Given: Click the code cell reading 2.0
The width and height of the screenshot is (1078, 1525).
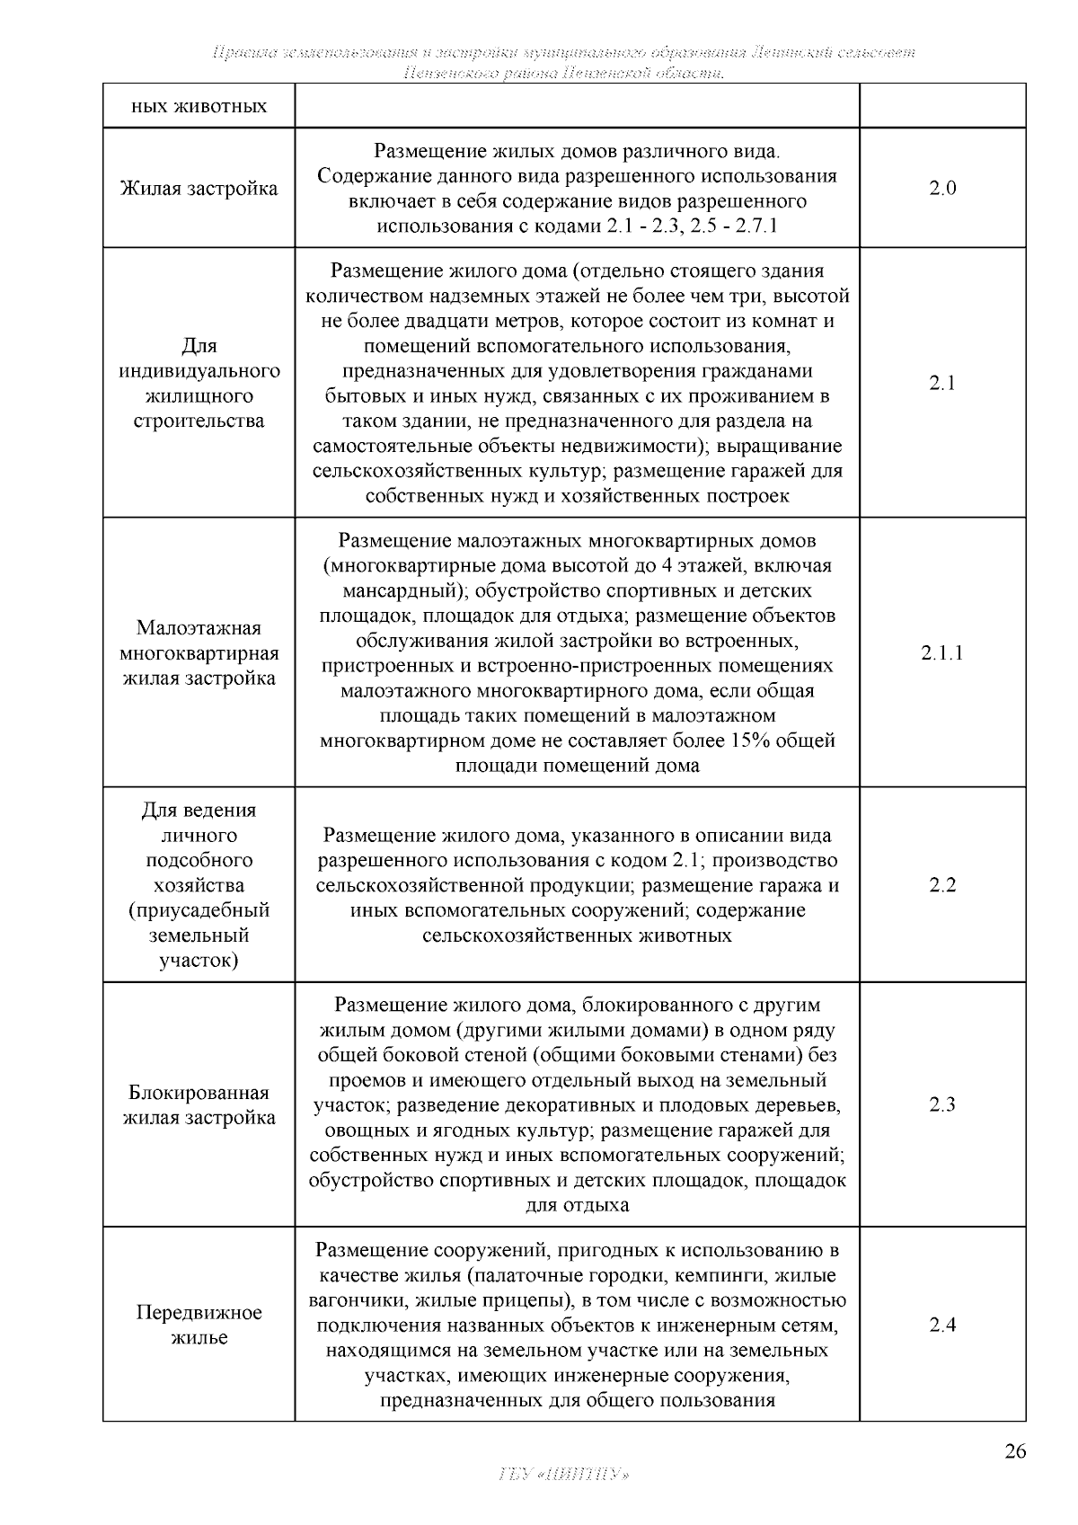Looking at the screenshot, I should [x=942, y=188].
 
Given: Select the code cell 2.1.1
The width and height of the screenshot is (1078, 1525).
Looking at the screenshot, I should [x=942, y=652].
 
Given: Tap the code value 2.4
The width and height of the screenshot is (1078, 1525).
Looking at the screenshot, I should [x=942, y=1325].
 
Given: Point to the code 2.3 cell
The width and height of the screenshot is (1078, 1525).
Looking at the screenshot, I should [x=942, y=1104].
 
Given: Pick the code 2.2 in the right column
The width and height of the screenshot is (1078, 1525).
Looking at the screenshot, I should [x=942, y=885].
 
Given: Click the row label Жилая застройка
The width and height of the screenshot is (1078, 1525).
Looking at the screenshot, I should [x=199, y=188].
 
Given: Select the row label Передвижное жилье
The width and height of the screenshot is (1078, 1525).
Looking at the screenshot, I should [x=199, y=1325].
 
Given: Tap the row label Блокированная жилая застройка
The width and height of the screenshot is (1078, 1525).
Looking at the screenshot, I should [x=199, y=1105].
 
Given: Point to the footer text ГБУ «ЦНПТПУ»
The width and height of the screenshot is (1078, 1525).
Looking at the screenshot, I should [x=563, y=1475].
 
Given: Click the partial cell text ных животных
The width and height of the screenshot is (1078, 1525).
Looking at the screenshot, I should [x=199, y=107].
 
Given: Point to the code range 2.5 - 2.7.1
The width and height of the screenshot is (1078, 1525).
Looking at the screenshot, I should [x=733, y=226].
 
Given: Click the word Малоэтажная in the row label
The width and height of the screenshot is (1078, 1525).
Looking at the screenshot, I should [x=199, y=627].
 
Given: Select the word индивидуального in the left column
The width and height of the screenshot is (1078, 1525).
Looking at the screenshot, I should [x=199, y=371].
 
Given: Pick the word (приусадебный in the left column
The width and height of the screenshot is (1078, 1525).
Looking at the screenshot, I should [x=199, y=910].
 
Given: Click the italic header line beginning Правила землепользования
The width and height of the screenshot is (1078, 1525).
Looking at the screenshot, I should [x=563, y=52].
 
